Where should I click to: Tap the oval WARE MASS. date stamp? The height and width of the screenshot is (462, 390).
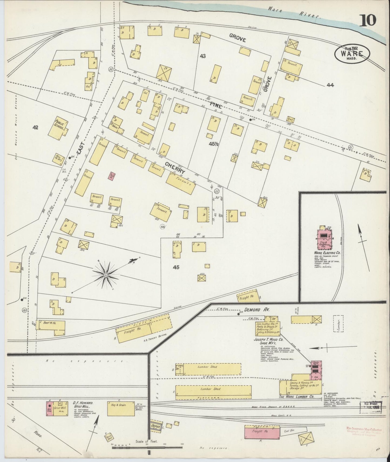[349, 53]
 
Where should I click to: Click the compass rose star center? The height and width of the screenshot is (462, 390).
[106, 275]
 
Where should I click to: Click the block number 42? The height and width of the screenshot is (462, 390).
[35, 127]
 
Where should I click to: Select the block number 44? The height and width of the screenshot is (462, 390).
[330, 85]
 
